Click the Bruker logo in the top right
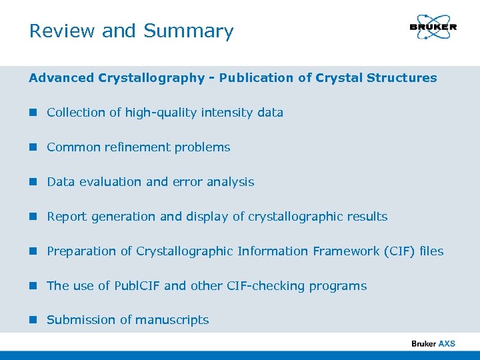coord(433,28)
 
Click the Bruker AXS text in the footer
coord(433,343)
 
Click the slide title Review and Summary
coord(131,31)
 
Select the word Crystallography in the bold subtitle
coord(151,78)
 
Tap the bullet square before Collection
coord(33,113)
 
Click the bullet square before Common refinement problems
coord(33,147)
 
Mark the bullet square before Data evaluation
coord(33,182)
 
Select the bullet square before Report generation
coord(33,217)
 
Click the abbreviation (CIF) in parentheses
coord(399,251)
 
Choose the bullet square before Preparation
coord(33,251)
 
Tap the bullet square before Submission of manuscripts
coord(33,320)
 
